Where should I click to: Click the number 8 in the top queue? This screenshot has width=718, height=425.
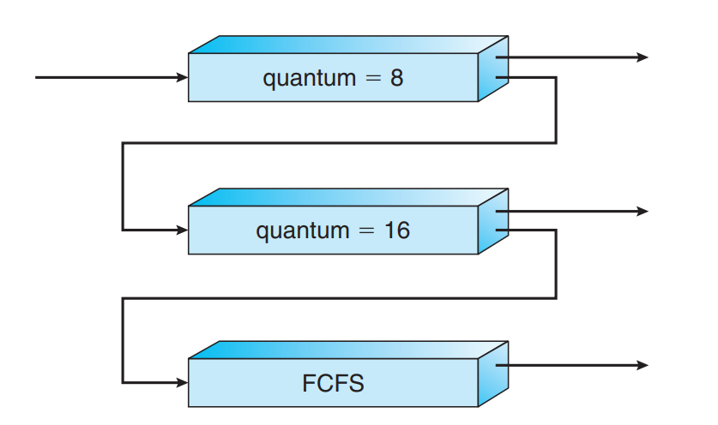coord(395,78)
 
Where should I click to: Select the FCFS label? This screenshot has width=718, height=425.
coord(333,383)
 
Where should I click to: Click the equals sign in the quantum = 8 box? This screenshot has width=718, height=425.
coord(371,79)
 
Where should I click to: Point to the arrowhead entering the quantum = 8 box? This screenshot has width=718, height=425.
coord(182,78)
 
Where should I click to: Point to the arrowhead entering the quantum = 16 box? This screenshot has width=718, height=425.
coord(182,230)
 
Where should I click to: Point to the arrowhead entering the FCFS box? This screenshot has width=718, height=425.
coord(182,382)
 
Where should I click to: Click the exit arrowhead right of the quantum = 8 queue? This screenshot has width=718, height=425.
coord(643,57)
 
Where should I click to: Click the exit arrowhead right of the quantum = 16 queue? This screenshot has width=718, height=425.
coord(643,211)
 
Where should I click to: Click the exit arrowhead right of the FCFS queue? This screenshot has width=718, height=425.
coord(643,366)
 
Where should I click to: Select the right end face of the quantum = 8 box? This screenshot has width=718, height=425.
coord(493,69)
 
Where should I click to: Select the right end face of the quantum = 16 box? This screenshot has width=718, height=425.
coord(493,221)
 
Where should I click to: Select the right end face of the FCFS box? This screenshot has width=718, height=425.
coord(493,374)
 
